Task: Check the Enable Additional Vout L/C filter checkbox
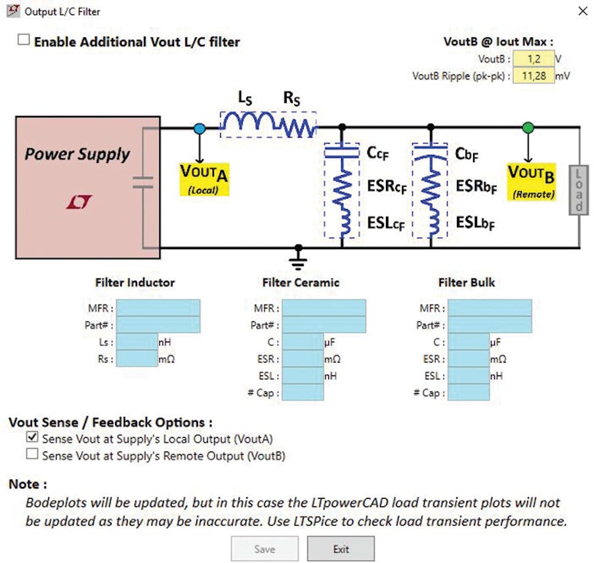coord(24,40)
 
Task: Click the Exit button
coord(340,549)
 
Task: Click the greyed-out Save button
coord(264,549)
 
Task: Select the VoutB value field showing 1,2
coord(534,58)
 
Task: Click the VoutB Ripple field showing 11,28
coord(534,75)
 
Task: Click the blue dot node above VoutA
coord(199,128)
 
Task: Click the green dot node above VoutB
coord(528,127)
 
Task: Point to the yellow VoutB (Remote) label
coord(531,180)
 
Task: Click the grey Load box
coord(577,190)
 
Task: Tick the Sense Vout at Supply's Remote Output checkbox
coord(32,455)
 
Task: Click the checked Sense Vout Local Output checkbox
coord(32,438)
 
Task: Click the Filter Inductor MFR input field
coord(157,308)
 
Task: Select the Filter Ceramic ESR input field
coord(302,359)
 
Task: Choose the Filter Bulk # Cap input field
coord(468,392)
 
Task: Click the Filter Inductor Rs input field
coord(136,359)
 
